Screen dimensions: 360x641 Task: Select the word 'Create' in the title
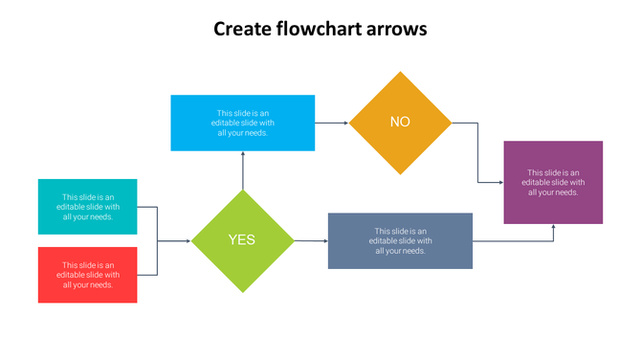240,29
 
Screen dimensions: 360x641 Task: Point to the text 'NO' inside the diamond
400,122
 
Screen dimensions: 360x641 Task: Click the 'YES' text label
242,240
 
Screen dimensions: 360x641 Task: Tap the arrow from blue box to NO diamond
332,123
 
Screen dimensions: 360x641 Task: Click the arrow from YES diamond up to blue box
243,170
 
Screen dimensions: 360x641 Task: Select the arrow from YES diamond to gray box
310,241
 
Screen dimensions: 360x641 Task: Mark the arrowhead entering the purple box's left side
500,183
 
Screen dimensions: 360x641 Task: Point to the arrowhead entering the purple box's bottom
553,228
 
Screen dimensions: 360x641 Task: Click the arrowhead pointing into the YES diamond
188,241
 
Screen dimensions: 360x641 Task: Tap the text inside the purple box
553,182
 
